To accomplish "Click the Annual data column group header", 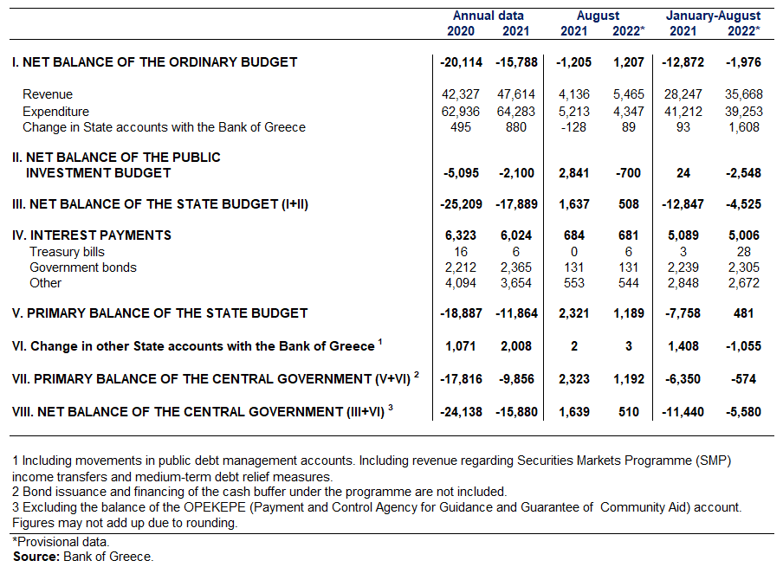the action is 488,16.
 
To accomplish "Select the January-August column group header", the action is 713,16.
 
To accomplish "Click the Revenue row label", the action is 48,94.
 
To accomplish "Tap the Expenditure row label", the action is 56,112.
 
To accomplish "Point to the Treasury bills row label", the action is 67,252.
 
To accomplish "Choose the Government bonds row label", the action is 83,267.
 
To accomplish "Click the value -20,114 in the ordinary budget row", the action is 461,62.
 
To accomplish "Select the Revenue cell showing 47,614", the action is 516,94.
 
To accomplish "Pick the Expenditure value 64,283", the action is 516,112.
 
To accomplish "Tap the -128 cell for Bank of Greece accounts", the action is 573,127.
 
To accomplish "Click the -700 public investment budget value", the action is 628,173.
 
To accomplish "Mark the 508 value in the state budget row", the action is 628,204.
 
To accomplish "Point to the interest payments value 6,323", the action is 461,235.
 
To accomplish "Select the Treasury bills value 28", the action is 743,252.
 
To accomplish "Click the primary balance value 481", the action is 743,313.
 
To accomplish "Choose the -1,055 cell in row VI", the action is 743,346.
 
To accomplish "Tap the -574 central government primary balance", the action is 743,379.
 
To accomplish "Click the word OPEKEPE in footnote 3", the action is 215,507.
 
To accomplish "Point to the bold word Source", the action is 36,557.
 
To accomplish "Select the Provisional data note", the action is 61,542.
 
